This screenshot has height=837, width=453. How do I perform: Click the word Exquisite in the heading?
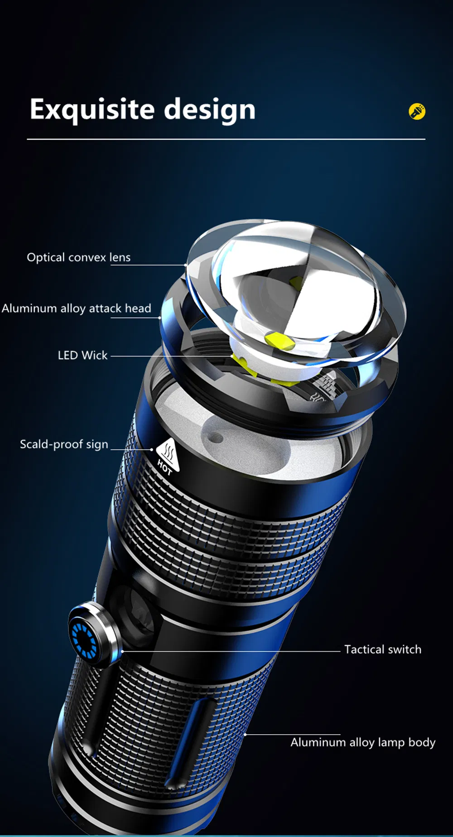(92, 110)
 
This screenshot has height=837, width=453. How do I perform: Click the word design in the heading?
(209, 110)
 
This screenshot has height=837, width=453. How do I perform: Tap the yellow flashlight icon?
(417, 111)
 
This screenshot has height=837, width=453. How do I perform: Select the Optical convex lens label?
(78, 257)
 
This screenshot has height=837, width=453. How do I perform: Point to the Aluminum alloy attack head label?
(76, 308)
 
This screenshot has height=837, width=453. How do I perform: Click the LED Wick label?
(82, 355)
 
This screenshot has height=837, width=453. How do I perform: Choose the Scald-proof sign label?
(64, 444)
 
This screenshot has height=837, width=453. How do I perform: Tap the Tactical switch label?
(382, 649)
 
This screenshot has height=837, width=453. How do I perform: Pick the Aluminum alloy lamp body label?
(363, 742)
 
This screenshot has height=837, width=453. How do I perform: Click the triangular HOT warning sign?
(169, 453)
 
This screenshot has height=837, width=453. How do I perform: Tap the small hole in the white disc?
(216, 438)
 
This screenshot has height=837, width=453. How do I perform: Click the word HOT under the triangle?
(164, 467)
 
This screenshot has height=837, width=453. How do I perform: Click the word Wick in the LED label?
(95, 355)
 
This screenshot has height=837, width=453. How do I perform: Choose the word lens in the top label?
(120, 257)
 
